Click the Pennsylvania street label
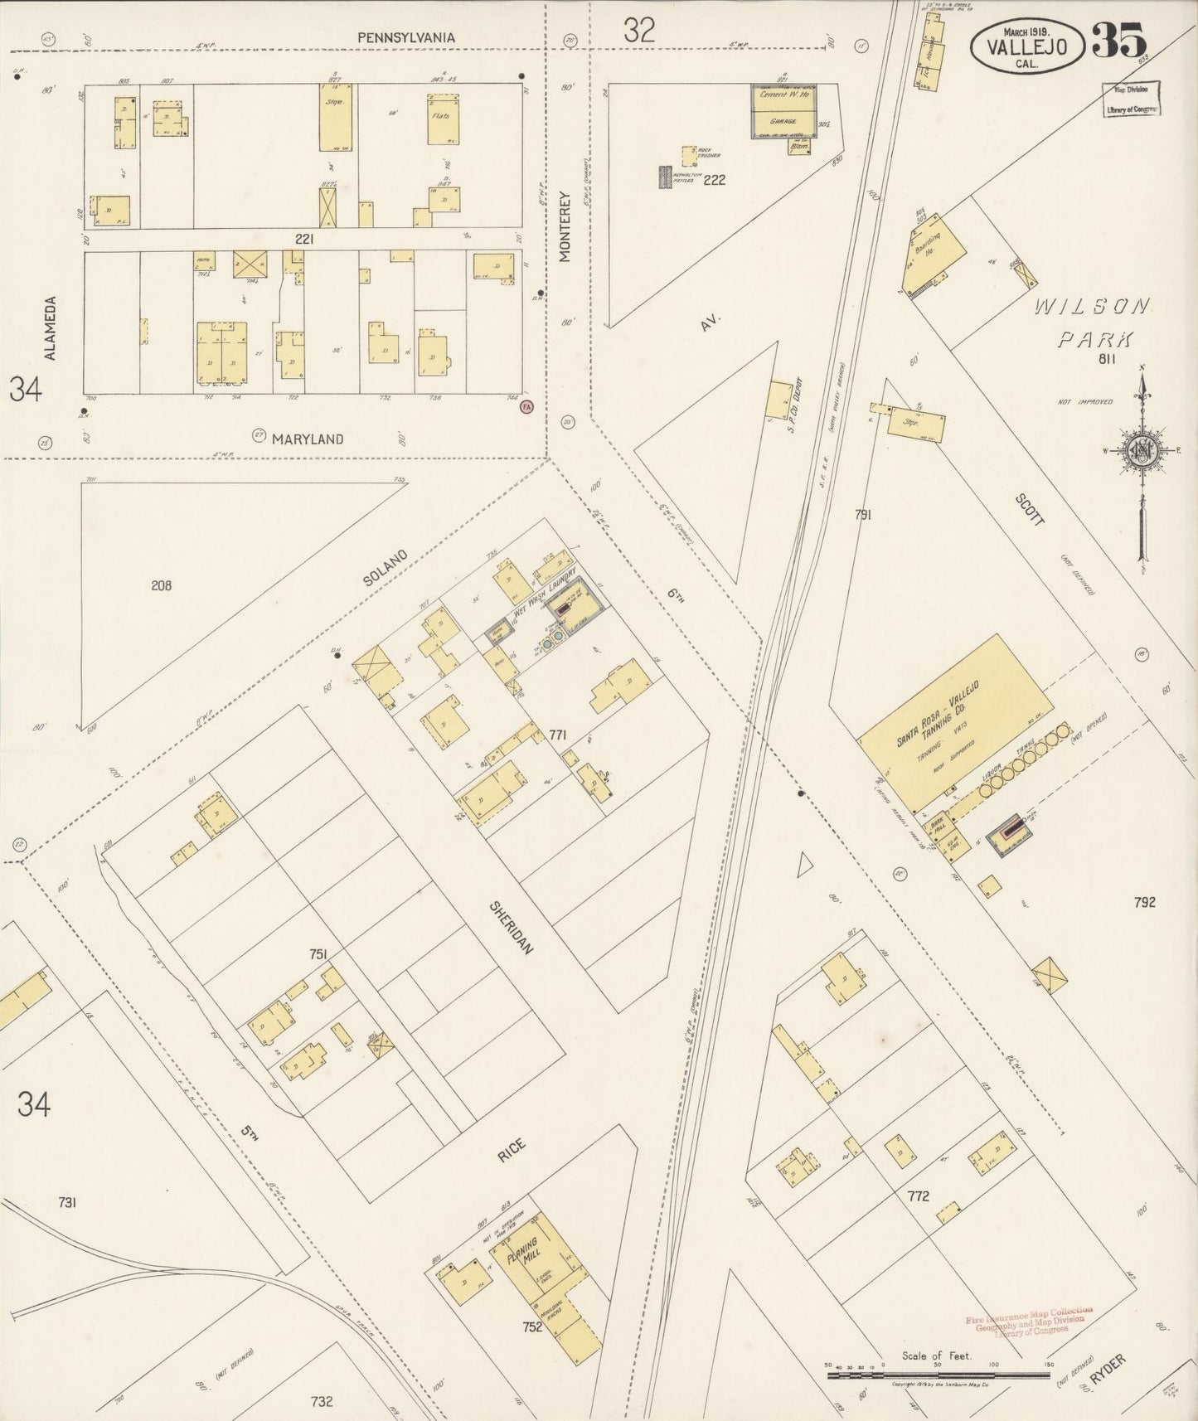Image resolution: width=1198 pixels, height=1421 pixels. (406, 37)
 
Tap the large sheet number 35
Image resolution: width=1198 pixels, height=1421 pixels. (1118, 41)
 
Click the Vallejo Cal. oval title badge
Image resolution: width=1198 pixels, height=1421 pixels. (1026, 47)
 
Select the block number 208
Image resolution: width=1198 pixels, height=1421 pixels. (161, 585)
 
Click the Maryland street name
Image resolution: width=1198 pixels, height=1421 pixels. (308, 439)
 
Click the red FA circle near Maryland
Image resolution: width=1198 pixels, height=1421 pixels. (526, 407)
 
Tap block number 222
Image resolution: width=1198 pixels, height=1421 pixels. (714, 179)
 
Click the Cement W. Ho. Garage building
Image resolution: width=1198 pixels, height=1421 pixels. (783, 110)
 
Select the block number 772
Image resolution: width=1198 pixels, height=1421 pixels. (919, 1196)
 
